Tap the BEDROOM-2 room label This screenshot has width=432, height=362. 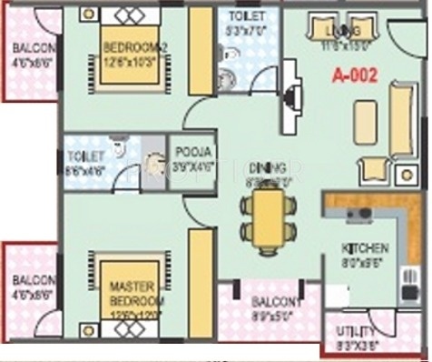pos(133,47)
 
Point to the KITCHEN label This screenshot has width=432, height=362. pos(365,247)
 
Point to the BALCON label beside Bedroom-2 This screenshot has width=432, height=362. pos(34,49)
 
